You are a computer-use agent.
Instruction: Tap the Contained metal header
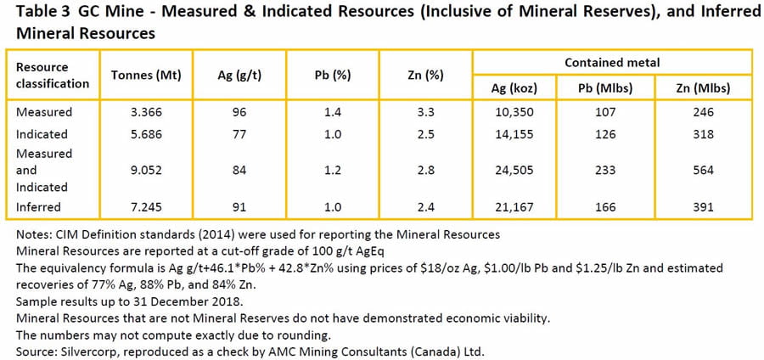coord(611,63)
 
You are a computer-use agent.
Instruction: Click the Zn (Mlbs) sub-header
coord(701,87)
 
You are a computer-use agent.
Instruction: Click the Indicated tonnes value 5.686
coord(140,134)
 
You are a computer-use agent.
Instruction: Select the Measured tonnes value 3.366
coord(140,112)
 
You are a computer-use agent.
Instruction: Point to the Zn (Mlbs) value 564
coord(701,170)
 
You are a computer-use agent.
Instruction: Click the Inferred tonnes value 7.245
coord(140,205)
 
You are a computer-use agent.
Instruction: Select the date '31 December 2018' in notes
coord(174,301)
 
